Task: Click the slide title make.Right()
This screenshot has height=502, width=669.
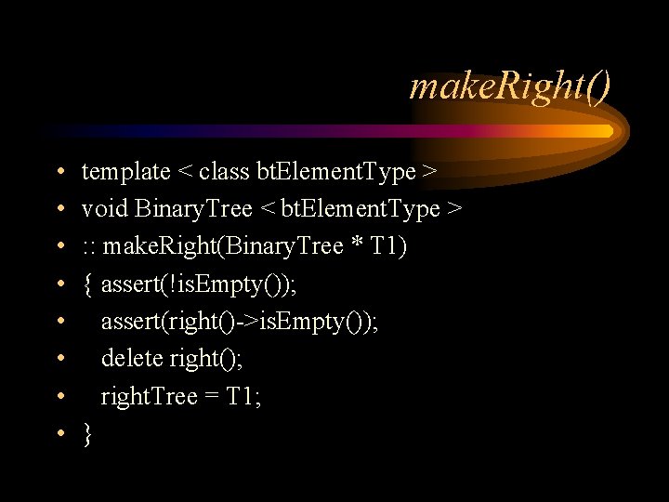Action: (510, 88)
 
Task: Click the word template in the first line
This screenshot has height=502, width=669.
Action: (125, 172)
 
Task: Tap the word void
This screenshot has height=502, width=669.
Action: (105, 209)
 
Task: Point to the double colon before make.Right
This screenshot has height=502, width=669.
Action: (90, 247)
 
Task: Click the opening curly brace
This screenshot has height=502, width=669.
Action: (87, 284)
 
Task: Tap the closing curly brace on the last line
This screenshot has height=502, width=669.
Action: (87, 434)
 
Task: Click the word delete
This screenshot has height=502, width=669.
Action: (132, 359)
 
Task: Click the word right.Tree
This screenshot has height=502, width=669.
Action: (149, 397)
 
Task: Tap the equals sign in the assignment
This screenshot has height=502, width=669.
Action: (212, 397)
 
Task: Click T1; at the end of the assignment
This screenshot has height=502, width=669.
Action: (243, 397)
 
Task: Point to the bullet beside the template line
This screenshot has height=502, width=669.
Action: (59, 173)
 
